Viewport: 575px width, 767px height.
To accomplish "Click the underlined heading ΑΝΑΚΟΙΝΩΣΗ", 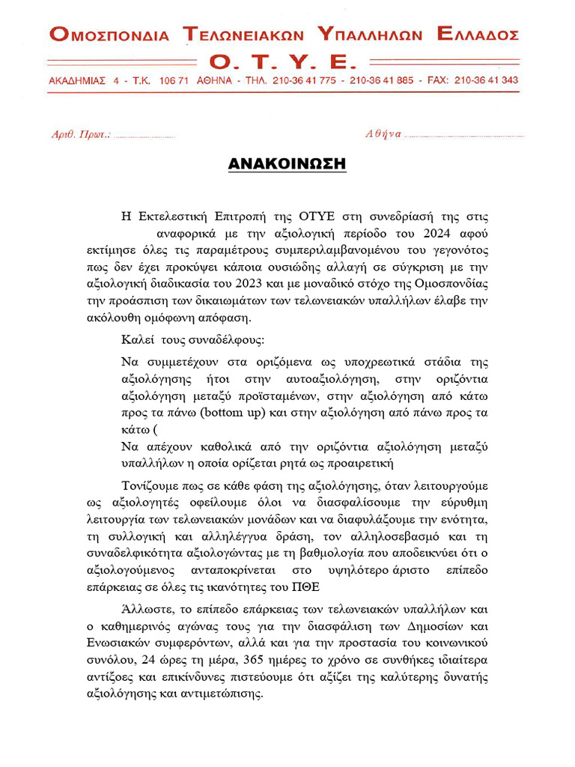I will tap(287, 163).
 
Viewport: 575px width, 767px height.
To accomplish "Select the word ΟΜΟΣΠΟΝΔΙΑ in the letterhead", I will tap(109, 34).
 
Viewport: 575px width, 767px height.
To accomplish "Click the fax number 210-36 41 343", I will tap(486, 80).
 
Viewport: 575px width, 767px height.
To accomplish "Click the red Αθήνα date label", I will tap(383, 135).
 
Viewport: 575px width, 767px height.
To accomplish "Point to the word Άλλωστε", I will tap(147, 610).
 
